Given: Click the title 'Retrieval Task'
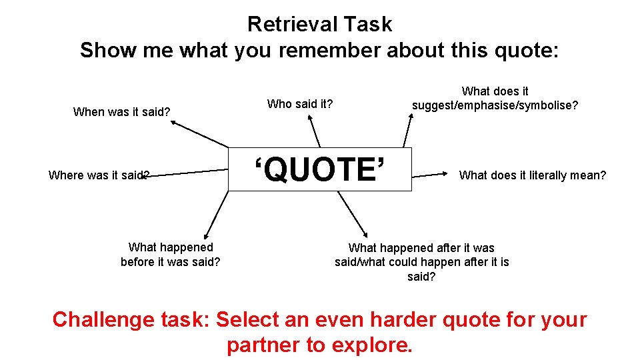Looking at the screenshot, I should point(319,25).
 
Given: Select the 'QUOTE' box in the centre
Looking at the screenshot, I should point(320,169).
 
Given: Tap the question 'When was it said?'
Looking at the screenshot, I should point(122,112).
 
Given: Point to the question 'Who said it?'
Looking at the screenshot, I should point(299,104).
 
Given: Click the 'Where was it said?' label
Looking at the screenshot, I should point(99,175).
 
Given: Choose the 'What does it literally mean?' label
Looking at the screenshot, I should point(533,175).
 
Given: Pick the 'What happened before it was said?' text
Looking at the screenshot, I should point(170,255).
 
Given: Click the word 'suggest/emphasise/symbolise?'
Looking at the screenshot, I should point(495,105).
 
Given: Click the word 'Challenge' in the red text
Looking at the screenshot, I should point(103,319).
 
